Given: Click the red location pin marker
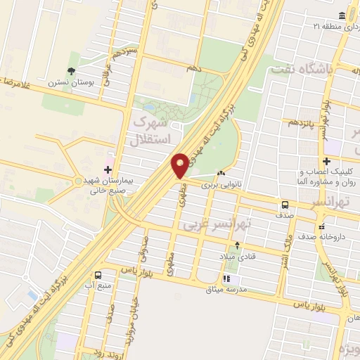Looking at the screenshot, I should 180,165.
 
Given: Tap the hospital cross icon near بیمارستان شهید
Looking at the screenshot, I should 108,169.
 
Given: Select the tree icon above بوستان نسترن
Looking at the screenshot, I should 71,70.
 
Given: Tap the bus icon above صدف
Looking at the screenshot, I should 285,205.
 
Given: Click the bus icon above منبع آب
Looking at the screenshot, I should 98,275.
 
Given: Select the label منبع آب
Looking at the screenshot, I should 98,285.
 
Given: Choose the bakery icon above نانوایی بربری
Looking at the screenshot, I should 222,174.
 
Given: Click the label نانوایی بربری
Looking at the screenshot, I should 220,185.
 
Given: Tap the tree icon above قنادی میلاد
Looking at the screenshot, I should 237,245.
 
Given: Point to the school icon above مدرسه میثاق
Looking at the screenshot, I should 225,280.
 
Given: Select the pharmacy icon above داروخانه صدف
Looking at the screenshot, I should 322,227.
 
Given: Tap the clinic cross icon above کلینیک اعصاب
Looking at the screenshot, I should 326,162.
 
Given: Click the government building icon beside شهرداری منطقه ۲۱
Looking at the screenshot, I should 342,15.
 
